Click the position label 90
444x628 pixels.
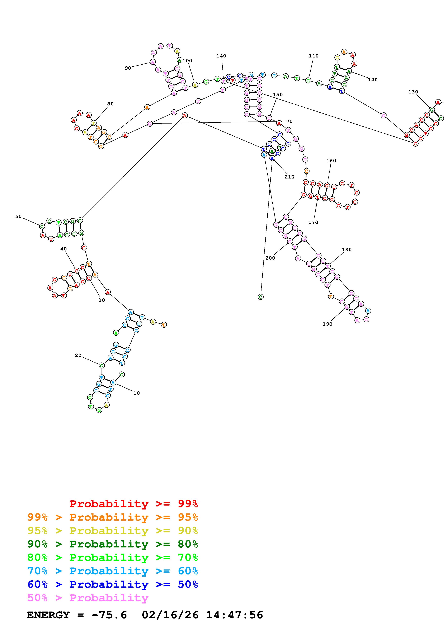128,68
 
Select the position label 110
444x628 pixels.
313,56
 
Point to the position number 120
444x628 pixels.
372,80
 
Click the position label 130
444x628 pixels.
413,92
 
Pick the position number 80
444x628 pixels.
110,104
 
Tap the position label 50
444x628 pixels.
18,216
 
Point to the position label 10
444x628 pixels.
136,393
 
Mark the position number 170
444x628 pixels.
313,222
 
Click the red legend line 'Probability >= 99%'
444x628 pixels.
133,504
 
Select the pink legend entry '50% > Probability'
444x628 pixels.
88,598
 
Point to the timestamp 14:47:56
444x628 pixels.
234,615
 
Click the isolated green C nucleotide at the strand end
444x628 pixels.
260,297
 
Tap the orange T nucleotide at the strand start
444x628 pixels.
164,325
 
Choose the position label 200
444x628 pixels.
270,258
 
